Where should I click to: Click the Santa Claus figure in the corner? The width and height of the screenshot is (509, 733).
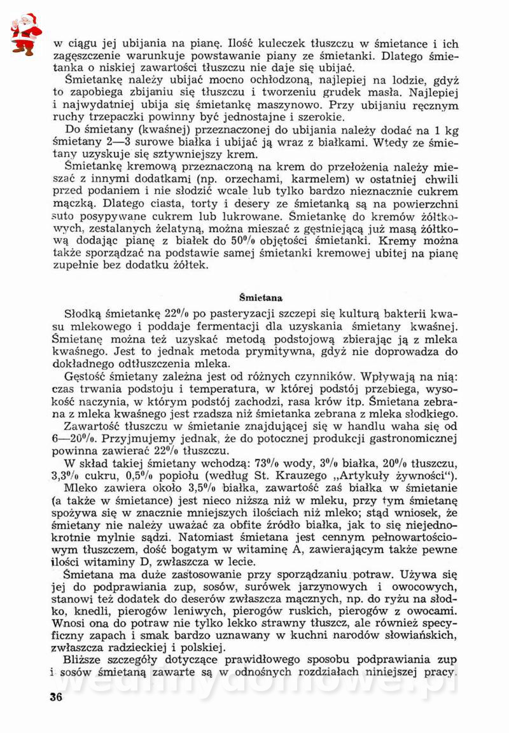pyautogui.click(x=25, y=32)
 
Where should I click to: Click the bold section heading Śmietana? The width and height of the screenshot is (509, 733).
pyautogui.click(x=261, y=297)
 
